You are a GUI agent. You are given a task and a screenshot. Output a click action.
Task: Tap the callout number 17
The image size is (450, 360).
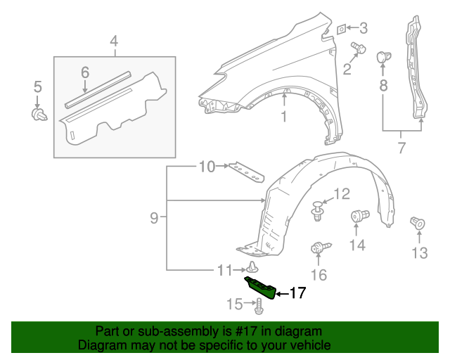pyautogui.click(x=297, y=293)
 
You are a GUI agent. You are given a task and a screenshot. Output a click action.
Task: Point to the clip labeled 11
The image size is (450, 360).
pyautogui.click(x=252, y=267)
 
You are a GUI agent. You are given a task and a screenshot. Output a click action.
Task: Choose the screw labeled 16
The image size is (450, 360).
pyautogui.click(x=319, y=248)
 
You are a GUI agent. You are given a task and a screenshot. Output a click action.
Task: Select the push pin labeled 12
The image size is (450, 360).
pyautogui.click(x=318, y=209)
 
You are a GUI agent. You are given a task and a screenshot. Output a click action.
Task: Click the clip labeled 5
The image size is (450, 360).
pyautogui.click(x=39, y=115)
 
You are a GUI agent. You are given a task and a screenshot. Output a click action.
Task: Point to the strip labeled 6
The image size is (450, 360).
pyautogui.click(x=98, y=88)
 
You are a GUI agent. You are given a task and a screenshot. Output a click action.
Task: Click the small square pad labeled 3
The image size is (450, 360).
pyautogui.click(x=340, y=29)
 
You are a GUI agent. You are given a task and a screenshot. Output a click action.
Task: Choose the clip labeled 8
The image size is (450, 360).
pyautogui.click(x=383, y=57)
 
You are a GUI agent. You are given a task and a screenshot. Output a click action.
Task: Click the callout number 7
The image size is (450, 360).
pyautogui.click(x=401, y=148)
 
